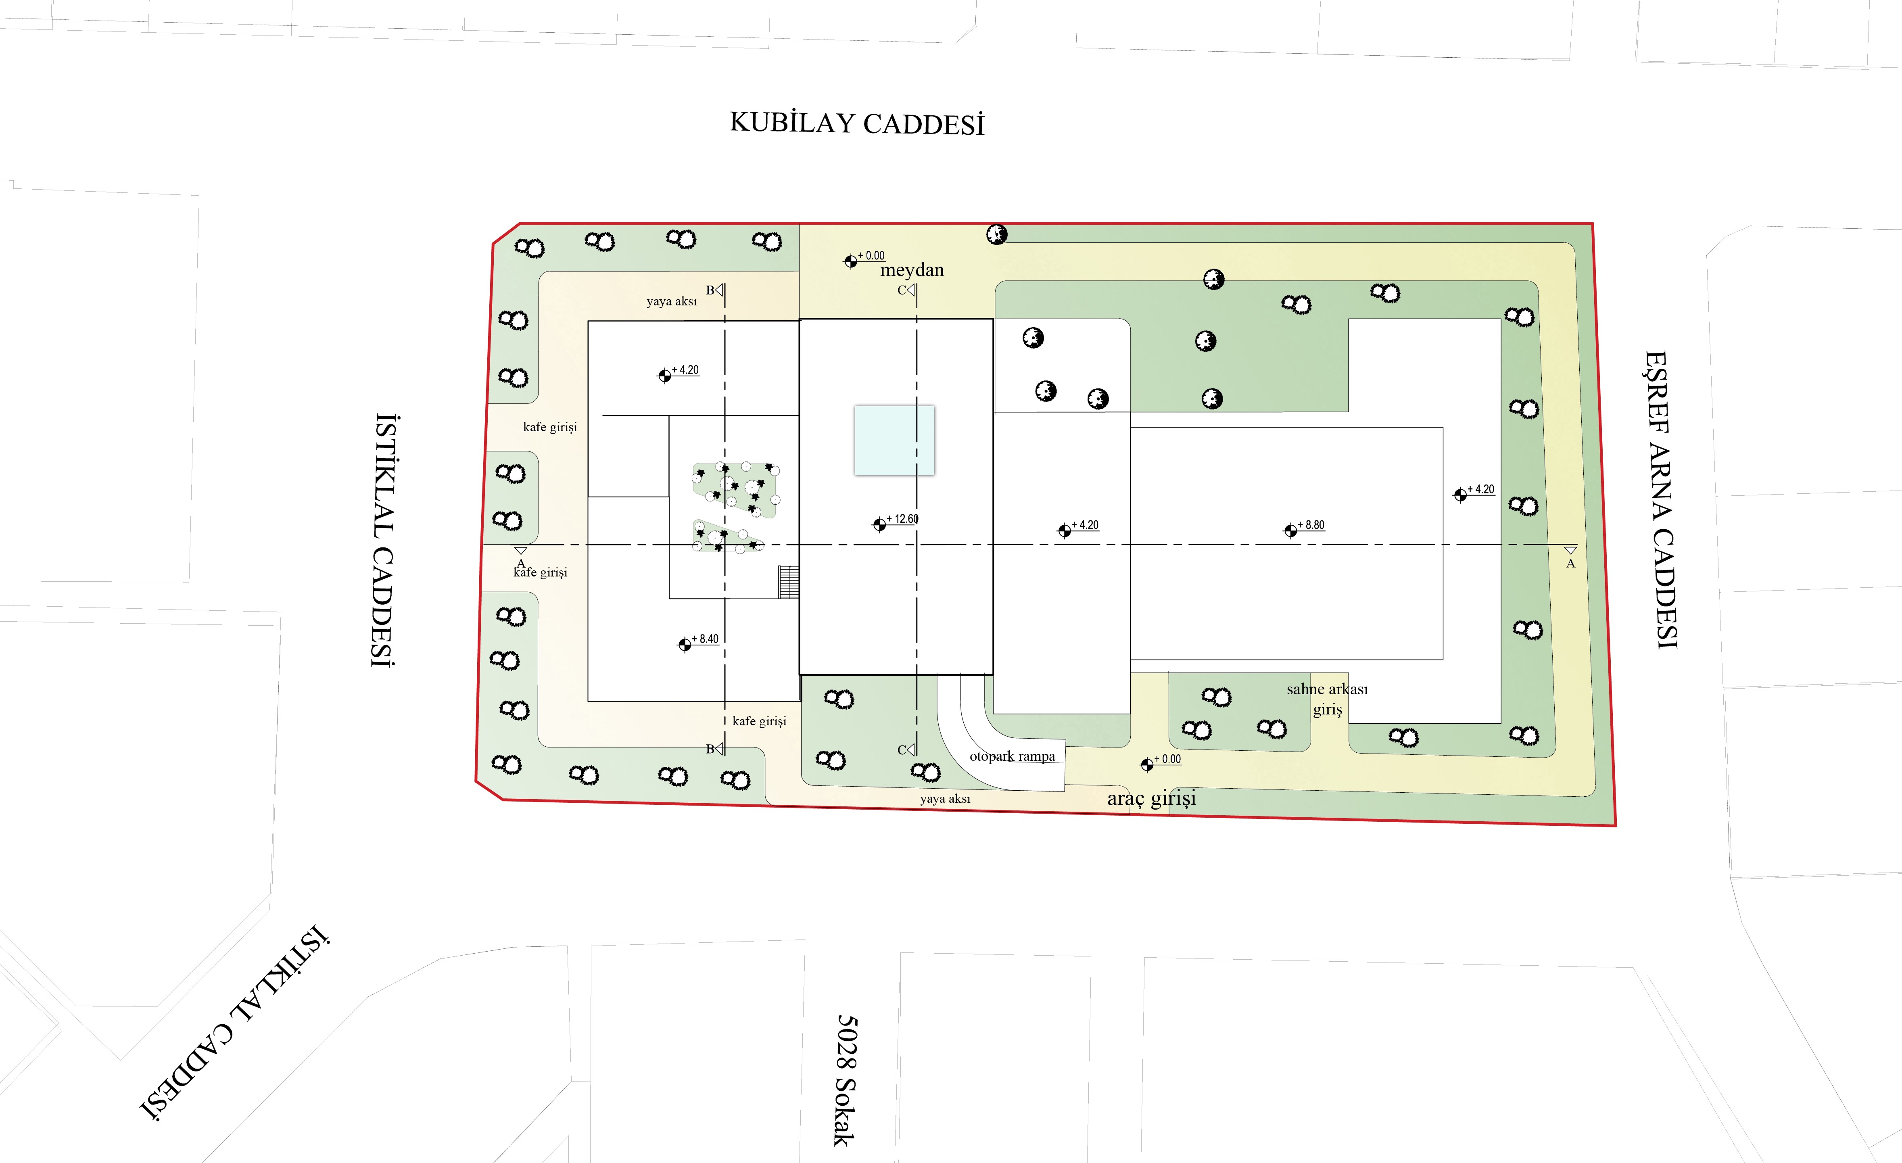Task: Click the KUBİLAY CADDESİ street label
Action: click(x=857, y=123)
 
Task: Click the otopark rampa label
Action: click(x=1012, y=756)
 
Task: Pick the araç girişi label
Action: click(x=1152, y=798)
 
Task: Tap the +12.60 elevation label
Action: click(x=902, y=519)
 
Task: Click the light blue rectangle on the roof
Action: click(x=894, y=440)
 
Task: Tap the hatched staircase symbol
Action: click(x=788, y=582)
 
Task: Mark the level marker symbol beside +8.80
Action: click(x=1290, y=530)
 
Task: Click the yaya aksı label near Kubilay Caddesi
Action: click(x=672, y=301)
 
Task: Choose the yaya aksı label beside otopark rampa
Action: click(x=945, y=799)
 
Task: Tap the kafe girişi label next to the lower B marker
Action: click(x=760, y=721)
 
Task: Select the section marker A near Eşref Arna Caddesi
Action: click(x=1570, y=556)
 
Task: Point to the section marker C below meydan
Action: click(x=906, y=290)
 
